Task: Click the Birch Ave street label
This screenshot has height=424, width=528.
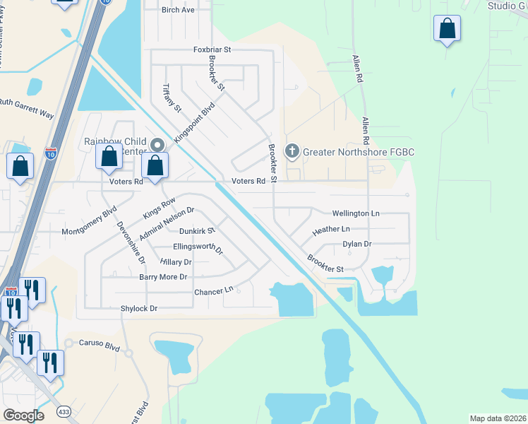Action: coord(178,10)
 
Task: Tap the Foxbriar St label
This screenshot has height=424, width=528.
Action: coord(212,50)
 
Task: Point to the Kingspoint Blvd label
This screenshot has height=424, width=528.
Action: coord(194,124)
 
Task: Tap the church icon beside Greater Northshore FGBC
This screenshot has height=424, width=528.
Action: coord(292,151)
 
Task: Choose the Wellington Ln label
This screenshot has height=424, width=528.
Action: coord(356,213)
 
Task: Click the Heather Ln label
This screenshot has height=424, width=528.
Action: coord(331,230)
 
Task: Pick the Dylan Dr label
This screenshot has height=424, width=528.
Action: coord(357,244)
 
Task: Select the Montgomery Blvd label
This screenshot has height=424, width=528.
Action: coord(89,221)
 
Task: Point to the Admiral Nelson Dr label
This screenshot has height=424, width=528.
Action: coord(167,223)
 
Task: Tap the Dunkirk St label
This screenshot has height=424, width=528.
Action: coord(196,230)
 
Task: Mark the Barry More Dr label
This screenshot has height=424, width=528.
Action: coord(163,277)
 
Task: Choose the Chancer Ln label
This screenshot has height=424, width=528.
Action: coord(214,291)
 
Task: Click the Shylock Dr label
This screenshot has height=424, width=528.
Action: coord(138,309)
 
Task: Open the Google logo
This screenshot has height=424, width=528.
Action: coord(23,415)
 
